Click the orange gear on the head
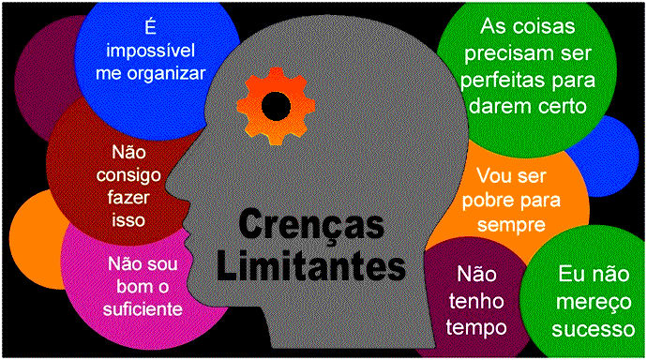point(276,106)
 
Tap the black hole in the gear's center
point(276,106)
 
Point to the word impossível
point(151,51)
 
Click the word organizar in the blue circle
point(166,74)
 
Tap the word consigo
point(128,176)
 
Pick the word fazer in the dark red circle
point(128,198)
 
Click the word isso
point(128,219)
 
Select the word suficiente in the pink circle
point(143,308)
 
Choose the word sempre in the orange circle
point(511,226)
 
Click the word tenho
point(476,302)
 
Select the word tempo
point(476,328)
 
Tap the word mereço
point(594,303)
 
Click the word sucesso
point(594,329)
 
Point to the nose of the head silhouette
point(170,183)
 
